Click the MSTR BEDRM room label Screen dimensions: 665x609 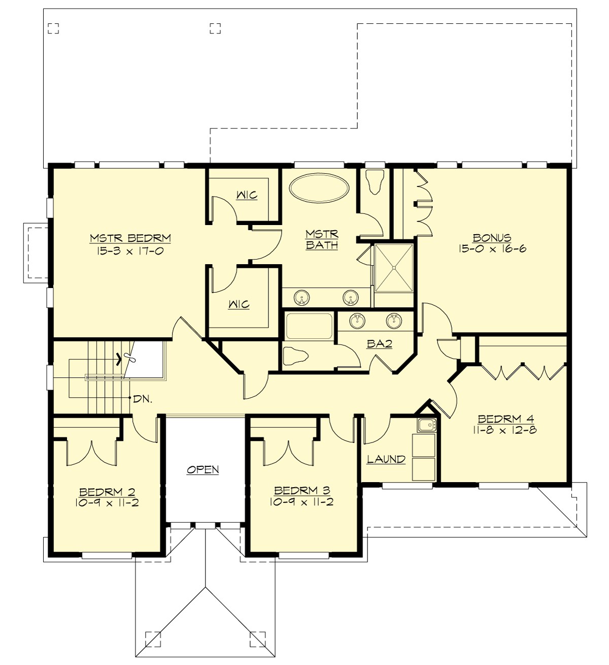point(130,238)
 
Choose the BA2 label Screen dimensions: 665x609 point(379,344)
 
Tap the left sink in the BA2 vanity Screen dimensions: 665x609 point(358,320)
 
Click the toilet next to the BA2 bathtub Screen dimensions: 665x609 point(295,356)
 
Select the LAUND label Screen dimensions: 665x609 point(386,459)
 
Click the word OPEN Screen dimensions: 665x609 point(203,469)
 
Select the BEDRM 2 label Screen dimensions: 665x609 point(107,492)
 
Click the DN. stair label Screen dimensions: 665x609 point(143,399)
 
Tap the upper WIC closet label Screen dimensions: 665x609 point(247,195)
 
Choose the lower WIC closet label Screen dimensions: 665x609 point(239,304)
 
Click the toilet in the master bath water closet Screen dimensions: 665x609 point(375,181)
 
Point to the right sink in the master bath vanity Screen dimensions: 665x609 point(350,297)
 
